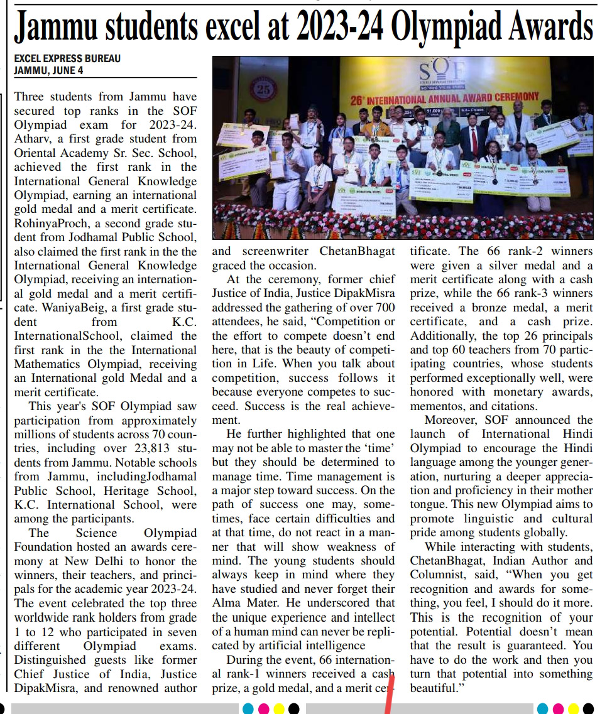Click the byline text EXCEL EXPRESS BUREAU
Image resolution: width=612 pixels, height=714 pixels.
click(x=67, y=58)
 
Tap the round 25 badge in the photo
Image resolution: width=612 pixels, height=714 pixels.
click(x=264, y=90)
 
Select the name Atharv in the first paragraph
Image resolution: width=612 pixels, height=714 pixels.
click(x=33, y=139)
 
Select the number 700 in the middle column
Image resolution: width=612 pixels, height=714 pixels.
click(x=384, y=307)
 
